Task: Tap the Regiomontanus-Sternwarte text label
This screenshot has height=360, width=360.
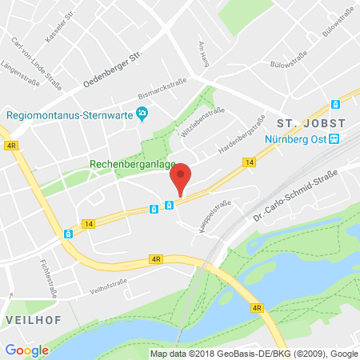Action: [x=69, y=114]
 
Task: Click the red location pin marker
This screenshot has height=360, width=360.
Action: [x=182, y=178]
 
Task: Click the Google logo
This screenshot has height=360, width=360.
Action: [x=26, y=350]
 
